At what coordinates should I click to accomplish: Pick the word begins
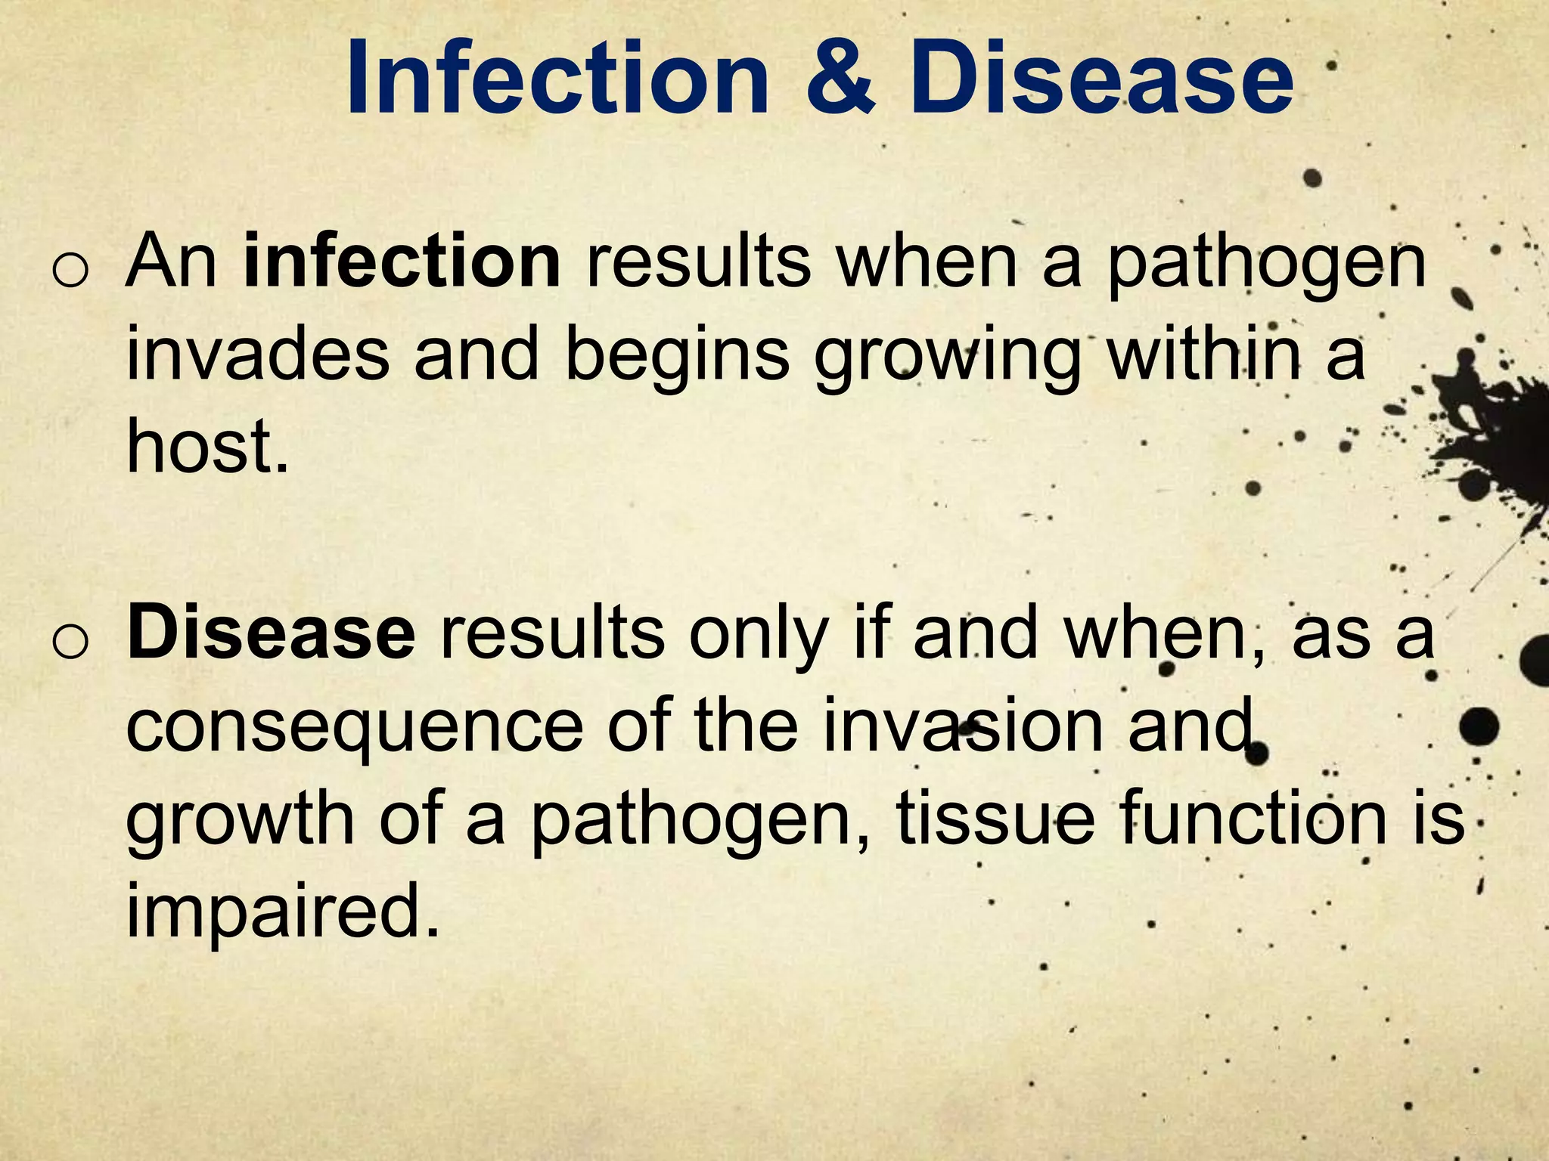[677, 357]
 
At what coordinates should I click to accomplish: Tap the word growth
[239, 819]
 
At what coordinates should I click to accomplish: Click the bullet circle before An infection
[71, 271]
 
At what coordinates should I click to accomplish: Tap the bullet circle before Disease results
[71, 642]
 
